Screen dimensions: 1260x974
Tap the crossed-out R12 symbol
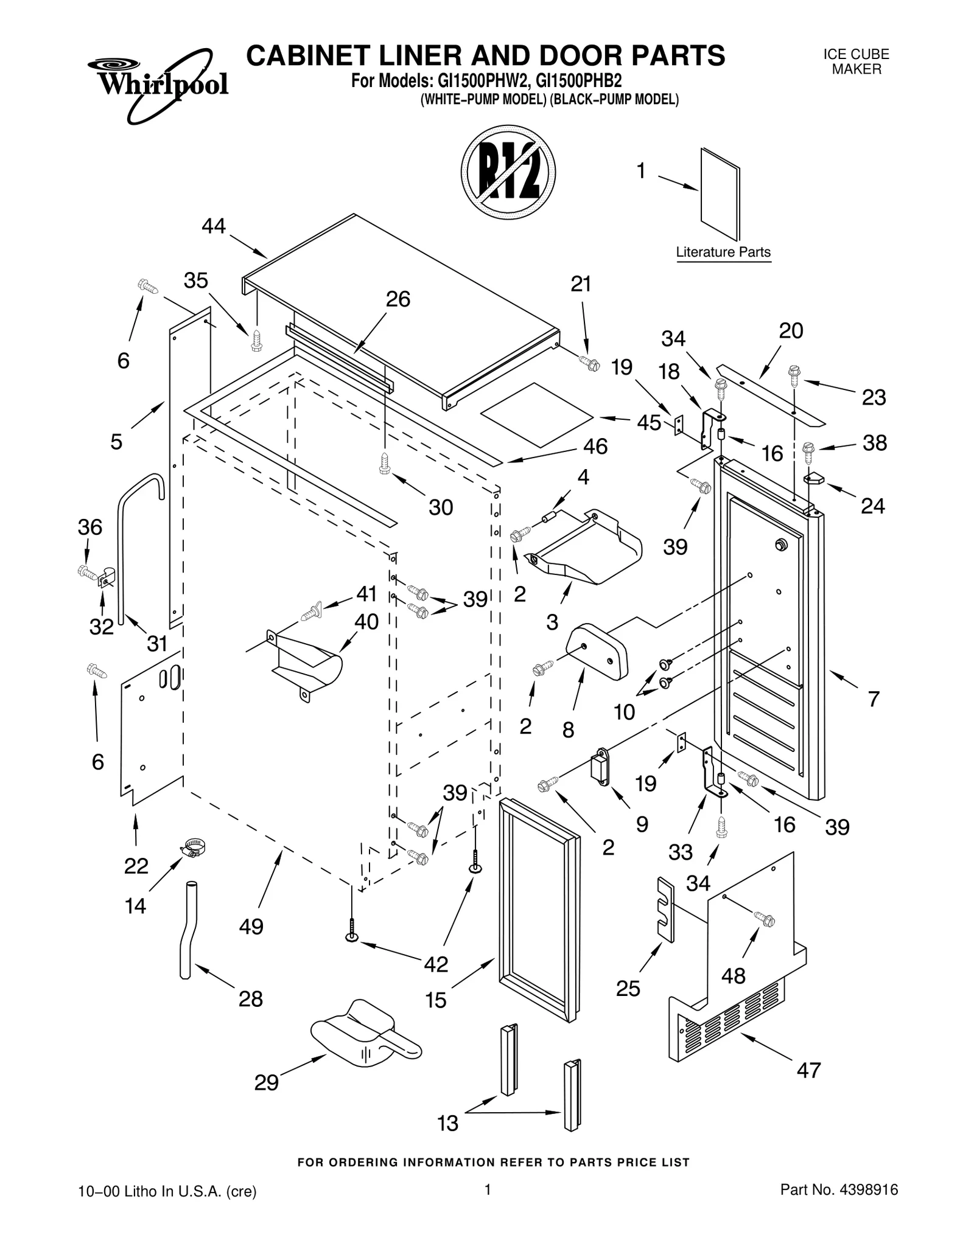pyautogui.click(x=508, y=172)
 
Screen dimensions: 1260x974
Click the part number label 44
pyautogui.click(x=214, y=226)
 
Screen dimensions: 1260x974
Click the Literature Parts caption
pyautogui.click(x=723, y=252)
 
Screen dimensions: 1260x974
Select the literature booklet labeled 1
pyautogui.click(x=720, y=193)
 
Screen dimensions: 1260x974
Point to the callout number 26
pyautogui.click(x=398, y=299)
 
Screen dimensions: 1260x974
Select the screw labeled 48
pyautogui.click(x=764, y=919)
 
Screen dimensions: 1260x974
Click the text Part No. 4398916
pyautogui.click(x=839, y=1206)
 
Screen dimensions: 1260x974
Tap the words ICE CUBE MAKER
pyautogui.click(x=856, y=61)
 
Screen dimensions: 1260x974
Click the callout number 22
pyautogui.click(x=136, y=866)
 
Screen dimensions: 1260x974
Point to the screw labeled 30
pyautogui.click(x=384, y=463)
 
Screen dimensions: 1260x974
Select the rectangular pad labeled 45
pyautogui.click(x=536, y=415)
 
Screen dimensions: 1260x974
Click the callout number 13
pyautogui.click(x=448, y=1123)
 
